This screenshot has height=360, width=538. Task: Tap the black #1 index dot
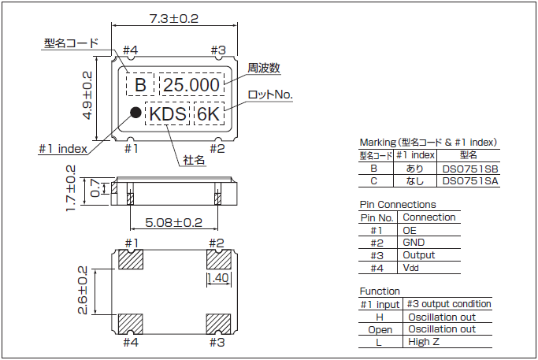coord(135,113)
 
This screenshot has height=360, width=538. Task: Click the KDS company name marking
coord(168,114)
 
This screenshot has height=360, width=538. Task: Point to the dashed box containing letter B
coord(140,84)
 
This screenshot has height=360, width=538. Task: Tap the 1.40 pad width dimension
coord(218,278)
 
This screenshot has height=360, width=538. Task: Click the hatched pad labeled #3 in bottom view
coord(217,323)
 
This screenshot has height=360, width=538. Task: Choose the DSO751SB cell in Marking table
coord(469,169)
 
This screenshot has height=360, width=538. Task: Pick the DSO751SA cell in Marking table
coord(469,181)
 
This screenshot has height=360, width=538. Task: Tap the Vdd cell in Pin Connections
coord(414,268)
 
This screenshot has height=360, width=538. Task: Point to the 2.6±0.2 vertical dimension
coord(84,290)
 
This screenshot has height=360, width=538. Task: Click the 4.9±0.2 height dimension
coord(87,95)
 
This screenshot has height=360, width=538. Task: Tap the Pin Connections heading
coord(397,205)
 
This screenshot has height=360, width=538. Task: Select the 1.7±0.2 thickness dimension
coord(71,188)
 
